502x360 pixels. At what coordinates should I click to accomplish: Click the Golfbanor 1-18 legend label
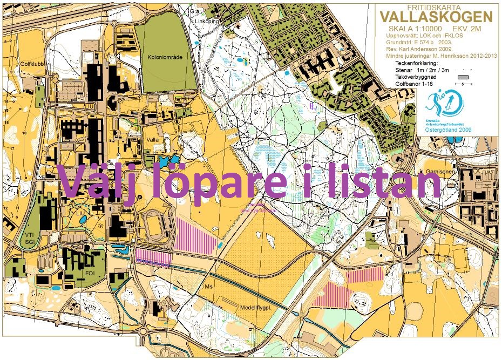[414, 85]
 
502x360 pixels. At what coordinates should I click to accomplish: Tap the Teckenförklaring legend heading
[416, 63]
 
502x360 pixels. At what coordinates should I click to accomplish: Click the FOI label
[91, 273]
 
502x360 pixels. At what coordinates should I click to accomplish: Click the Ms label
[209, 287]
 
